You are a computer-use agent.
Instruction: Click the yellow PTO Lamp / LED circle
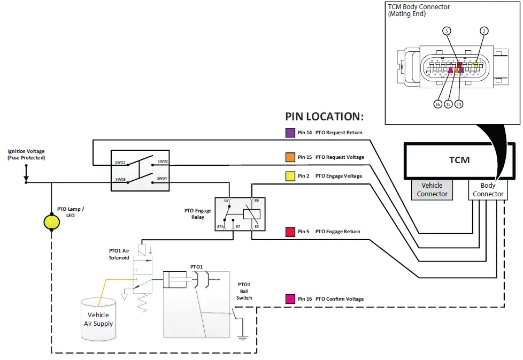click(51, 220)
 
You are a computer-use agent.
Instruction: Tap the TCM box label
click(459, 160)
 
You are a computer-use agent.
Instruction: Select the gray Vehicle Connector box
click(432, 189)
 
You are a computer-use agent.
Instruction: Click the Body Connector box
click(488, 189)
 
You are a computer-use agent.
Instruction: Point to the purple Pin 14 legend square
click(289, 133)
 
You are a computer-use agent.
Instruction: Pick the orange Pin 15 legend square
click(289, 157)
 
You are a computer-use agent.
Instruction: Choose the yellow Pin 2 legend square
click(289, 176)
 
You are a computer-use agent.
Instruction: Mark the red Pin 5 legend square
click(289, 232)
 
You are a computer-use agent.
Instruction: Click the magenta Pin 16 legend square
click(289, 298)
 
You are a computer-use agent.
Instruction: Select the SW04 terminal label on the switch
click(161, 178)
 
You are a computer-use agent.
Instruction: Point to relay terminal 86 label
click(256, 200)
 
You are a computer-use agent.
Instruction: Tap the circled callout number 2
click(483, 31)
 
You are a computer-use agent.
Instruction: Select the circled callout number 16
click(438, 104)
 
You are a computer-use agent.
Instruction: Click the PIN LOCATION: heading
click(324, 117)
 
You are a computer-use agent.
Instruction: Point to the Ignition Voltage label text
click(26, 155)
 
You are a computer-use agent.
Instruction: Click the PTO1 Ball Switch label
click(244, 291)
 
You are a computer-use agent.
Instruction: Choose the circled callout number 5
click(447, 31)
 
